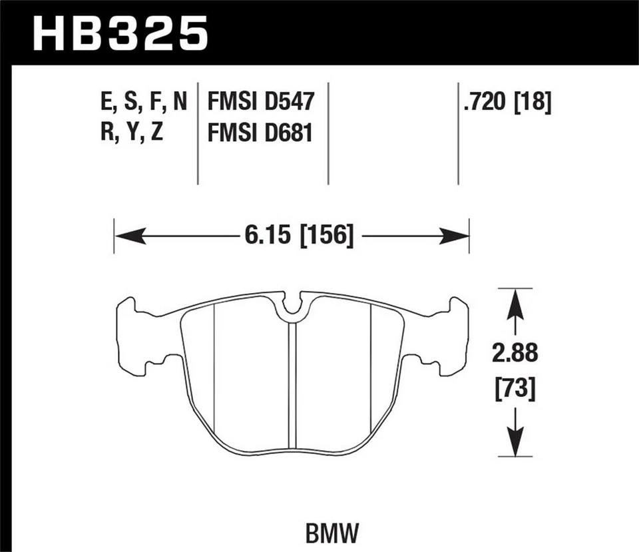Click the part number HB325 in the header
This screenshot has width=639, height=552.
[120, 33]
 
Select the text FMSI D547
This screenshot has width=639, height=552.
[260, 103]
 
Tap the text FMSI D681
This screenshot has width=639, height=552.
[260, 134]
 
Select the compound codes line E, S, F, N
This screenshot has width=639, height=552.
[142, 103]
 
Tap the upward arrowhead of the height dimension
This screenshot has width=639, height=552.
[515, 304]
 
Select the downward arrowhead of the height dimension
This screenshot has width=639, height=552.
[515, 443]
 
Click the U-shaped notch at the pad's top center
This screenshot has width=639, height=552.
[292, 306]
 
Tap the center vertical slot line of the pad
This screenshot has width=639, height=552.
[292, 386]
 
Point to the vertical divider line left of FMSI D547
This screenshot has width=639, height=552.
[198, 133]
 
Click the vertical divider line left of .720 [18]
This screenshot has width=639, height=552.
[459, 133]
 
